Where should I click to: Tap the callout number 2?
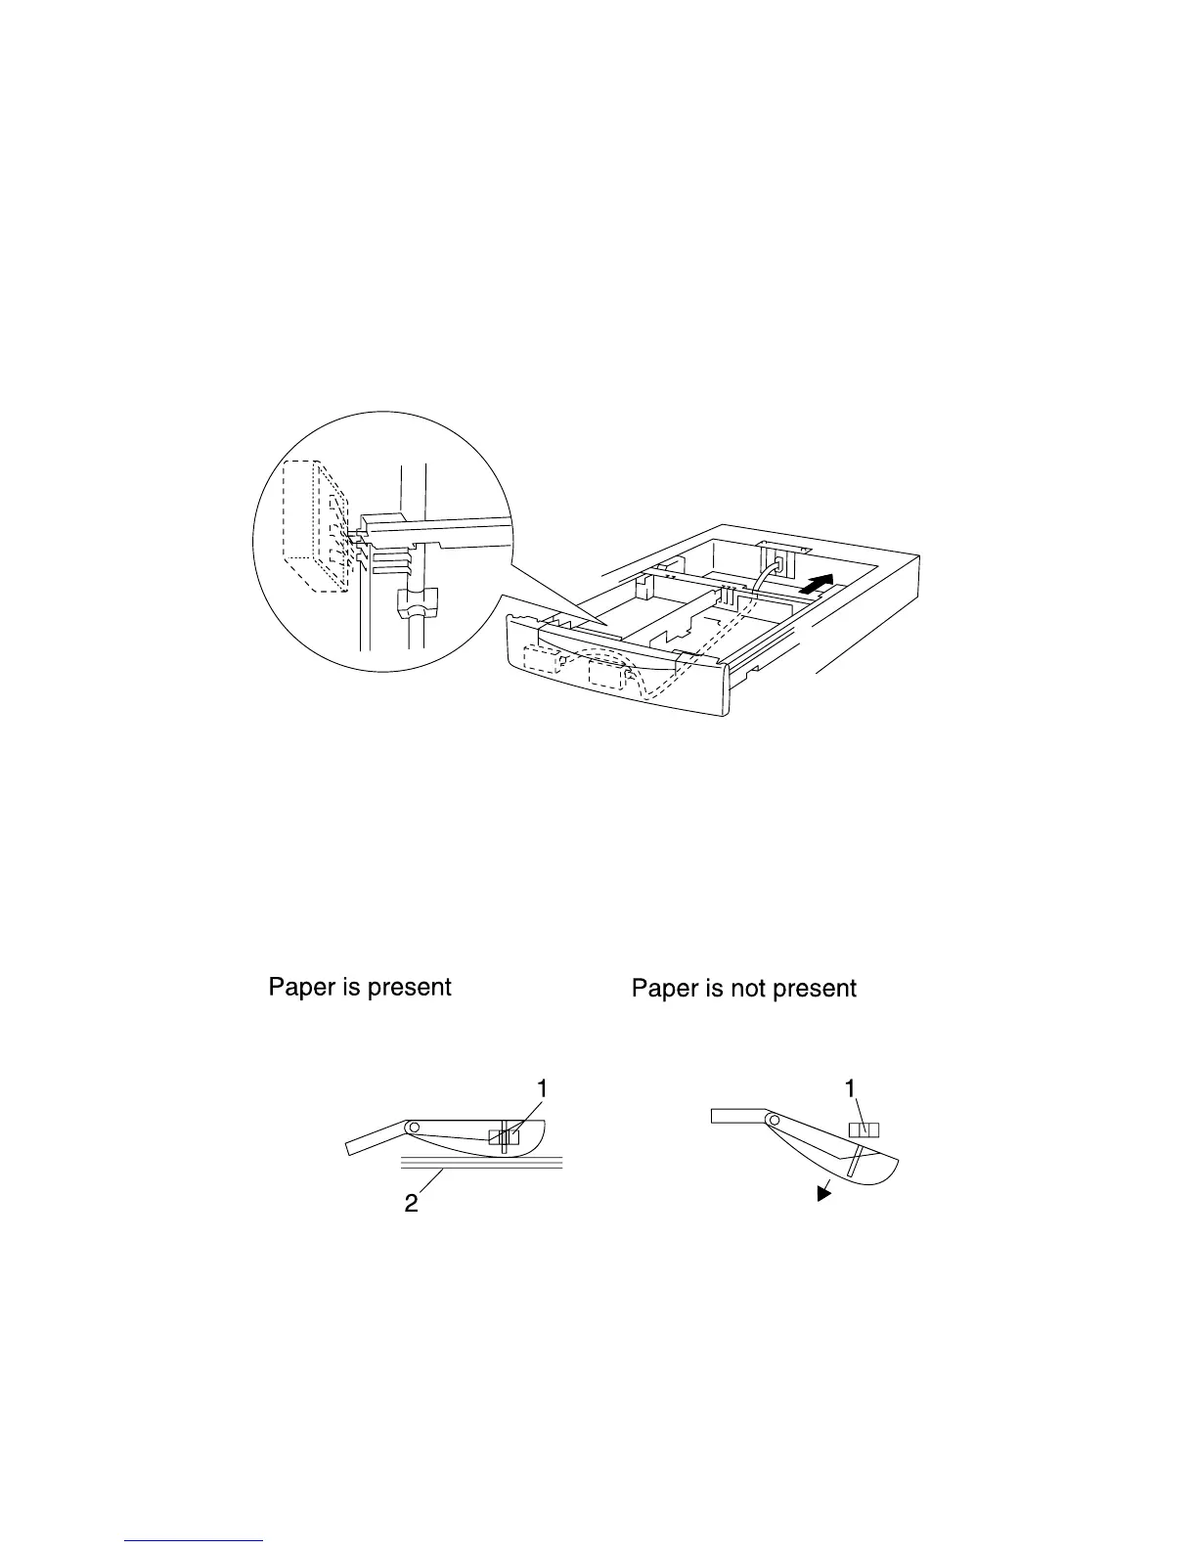point(412,1203)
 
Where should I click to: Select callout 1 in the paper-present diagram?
point(542,1087)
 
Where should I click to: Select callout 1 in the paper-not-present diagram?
point(851,1087)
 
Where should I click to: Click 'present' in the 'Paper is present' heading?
point(409,988)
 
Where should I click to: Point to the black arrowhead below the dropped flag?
point(826,1189)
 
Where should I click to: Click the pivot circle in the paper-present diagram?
point(414,1128)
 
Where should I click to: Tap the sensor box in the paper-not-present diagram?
point(864,1129)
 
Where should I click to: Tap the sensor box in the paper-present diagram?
point(504,1136)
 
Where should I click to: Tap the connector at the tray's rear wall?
point(780,564)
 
